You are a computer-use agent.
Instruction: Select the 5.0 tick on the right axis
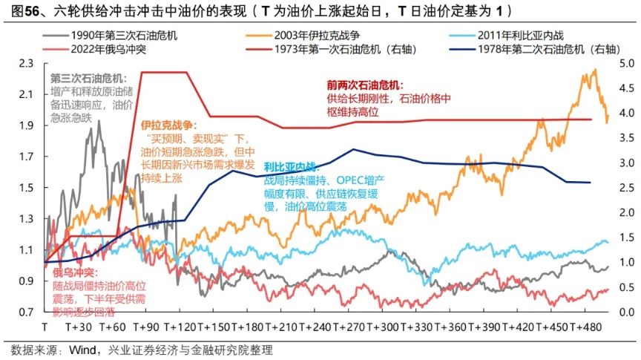point(625,63)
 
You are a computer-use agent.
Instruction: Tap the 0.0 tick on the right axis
point(625,312)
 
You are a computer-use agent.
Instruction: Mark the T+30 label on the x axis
point(79,327)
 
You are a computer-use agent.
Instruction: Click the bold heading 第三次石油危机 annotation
point(88,79)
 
